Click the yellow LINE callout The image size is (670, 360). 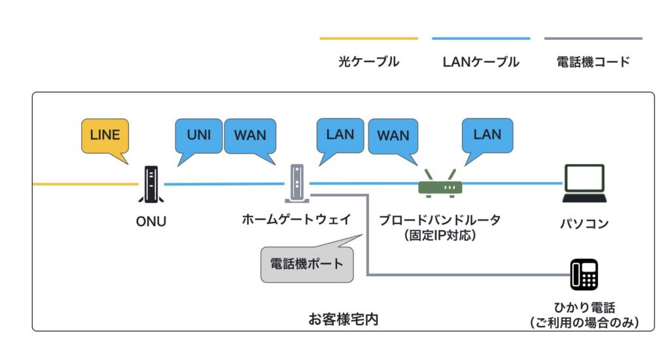pos(105,135)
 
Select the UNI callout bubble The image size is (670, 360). pos(199,135)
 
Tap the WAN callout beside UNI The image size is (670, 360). pos(250,135)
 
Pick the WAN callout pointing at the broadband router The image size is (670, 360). pos(393,135)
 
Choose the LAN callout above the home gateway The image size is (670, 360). pos(340,135)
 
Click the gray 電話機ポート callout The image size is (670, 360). pos(307,264)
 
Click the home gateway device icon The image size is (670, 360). pos(296,184)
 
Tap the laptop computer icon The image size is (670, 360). pos(584,184)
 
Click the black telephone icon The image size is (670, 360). pos(584,274)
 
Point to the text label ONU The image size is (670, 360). pos(151,221)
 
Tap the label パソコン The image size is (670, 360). pos(584,224)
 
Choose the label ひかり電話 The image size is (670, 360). pos(584,307)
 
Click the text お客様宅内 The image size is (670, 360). pos(343,319)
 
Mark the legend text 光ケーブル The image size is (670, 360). pos(368,62)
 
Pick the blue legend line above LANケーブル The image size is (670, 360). pos(481,39)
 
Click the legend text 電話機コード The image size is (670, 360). pos(593,62)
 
